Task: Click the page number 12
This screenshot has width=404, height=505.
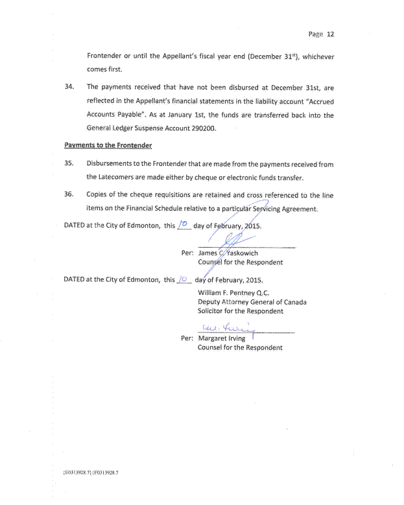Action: click(330, 34)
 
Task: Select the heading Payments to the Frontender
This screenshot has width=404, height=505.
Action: click(108, 145)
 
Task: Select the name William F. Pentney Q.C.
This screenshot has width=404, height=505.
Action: click(233, 293)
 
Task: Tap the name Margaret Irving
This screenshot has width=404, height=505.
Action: click(221, 338)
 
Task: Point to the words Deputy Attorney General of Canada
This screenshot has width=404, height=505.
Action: click(252, 302)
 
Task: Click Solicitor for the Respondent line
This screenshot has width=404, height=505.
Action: click(240, 311)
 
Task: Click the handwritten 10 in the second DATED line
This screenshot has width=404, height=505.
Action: click(184, 279)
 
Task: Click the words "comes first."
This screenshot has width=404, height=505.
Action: click(104, 69)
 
